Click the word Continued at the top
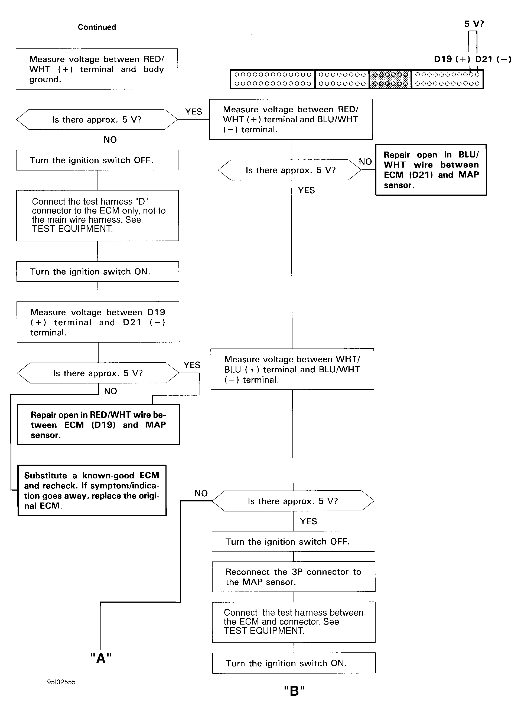tap(97, 27)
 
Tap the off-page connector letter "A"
tap(101, 658)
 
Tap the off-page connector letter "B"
tap(294, 691)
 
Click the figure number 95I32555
tap(61, 682)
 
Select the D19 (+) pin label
tap(452, 59)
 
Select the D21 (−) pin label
tap(493, 59)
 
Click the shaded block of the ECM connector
tap(390, 79)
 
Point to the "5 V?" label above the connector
tap(474, 24)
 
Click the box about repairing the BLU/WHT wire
tap(431, 170)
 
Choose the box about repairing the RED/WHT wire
tap(99, 425)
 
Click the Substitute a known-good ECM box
tap(92, 490)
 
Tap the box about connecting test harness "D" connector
tap(98, 216)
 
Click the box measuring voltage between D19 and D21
tap(98, 322)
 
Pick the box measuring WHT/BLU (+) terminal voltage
tap(292, 369)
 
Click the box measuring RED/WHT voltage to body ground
tap(97, 69)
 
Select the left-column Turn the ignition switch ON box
tap(98, 271)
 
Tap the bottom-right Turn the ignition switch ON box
tap(294, 663)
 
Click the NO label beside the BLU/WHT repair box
tap(365, 162)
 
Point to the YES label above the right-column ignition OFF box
tap(308, 521)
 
